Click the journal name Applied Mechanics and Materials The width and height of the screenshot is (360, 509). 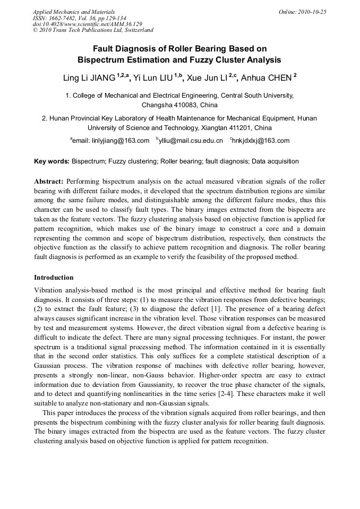[74, 12]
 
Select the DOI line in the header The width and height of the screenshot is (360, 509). [88, 24]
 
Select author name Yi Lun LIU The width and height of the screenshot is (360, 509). [153, 79]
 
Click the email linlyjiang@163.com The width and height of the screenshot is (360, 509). [121, 141]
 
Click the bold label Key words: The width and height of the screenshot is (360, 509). [52, 161]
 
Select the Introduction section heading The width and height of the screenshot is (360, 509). [54, 278]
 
